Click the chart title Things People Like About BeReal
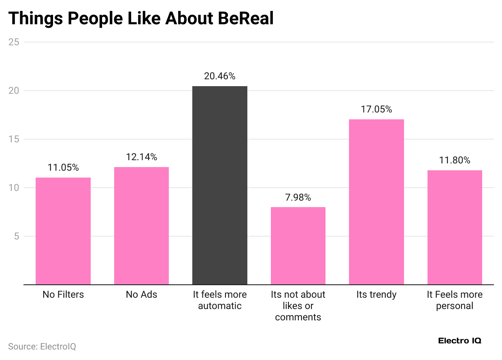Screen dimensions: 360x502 pyautogui.click(x=141, y=18)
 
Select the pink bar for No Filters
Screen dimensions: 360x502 pyautogui.click(x=63, y=231)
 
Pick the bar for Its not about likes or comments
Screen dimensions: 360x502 pyautogui.click(x=298, y=246)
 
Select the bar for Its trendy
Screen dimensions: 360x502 pyautogui.click(x=376, y=202)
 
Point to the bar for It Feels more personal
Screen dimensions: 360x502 pyautogui.click(x=455, y=227)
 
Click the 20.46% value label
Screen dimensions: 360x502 pyautogui.click(x=220, y=76)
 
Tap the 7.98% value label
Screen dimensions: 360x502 pyautogui.click(x=298, y=197)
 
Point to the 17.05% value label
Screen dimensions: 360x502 pyautogui.click(x=376, y=109)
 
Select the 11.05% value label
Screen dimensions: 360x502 pyautogui.click(x=63, y=167)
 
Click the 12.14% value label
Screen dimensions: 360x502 pyautogui.click(x=141, y=157)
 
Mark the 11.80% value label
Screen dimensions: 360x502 pyautogui.click(x=455, y=160)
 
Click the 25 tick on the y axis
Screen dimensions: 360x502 pyautogui.click(x=14, y=42)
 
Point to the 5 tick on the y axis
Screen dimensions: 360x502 pyautogui.click(x=16, y=236)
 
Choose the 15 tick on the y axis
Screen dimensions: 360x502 pyautogui.click(x=14, y=139)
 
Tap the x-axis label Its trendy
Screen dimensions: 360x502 pyautogui.click(x=376, y=294)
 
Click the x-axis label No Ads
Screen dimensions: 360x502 pyautogui.click(x=141, y=294)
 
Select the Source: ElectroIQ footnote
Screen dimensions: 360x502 pyautogui.click(x=42, y=347)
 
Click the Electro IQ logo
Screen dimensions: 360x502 pyautogui.click(x=459, y=341)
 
